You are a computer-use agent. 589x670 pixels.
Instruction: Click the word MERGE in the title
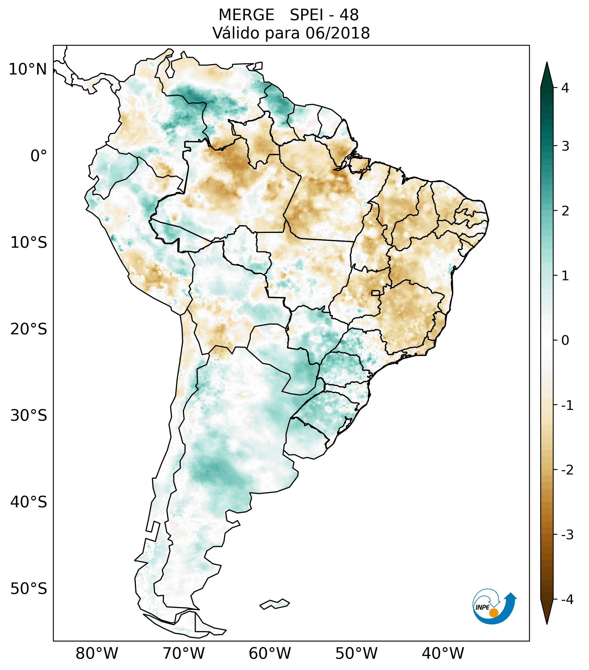tap(246, 15)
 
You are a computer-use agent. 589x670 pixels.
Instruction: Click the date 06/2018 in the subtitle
tap(337, 33)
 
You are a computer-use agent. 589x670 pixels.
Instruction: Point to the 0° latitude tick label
tap(38, 156)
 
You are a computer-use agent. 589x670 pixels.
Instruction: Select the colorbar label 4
tap(565, 88)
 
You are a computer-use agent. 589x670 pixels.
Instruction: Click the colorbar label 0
tap(565, 341)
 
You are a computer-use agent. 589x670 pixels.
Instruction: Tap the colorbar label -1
tap(567, 406)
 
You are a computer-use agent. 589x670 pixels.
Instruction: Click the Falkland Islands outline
tap(274, 604)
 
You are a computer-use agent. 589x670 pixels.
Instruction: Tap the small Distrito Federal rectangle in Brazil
tap(376, 293)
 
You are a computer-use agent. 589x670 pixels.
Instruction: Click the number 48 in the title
tap(349, 15)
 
